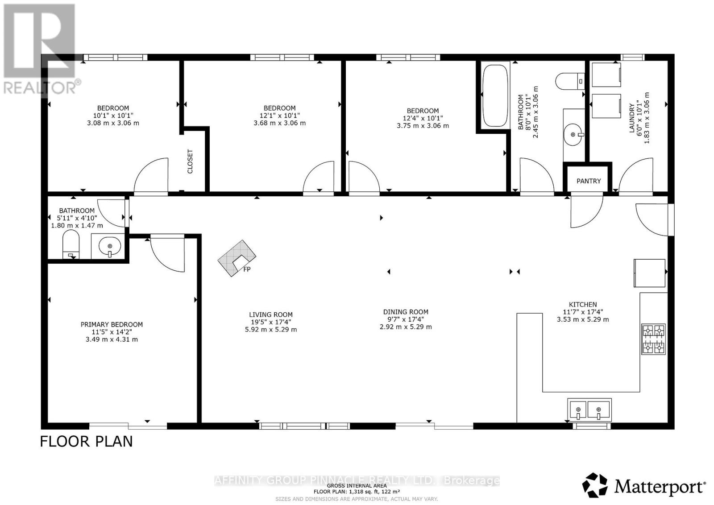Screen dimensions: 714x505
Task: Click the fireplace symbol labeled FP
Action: coord(237,258)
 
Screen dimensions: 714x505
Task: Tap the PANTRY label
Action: coord(589,181)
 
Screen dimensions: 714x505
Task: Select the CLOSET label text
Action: coord(190,161)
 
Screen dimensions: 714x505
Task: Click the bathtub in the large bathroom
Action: coord(495,95)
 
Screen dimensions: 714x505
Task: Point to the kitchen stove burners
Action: coord(653,339)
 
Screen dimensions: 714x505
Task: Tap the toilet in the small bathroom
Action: coord(71,244)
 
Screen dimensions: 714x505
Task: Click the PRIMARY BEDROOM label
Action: coord(112,324)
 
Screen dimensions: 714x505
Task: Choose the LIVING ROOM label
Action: coord(270,315)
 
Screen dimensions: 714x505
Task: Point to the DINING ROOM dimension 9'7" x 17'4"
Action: coord(406,319)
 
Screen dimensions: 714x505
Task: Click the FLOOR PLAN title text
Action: coord(86,442)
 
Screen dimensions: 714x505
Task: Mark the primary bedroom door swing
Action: coord(167,254)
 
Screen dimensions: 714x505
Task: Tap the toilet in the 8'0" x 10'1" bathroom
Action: coord(570,81)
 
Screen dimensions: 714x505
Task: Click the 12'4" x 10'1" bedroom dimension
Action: coord(423,118)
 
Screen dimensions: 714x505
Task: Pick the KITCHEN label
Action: coord(583,304)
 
